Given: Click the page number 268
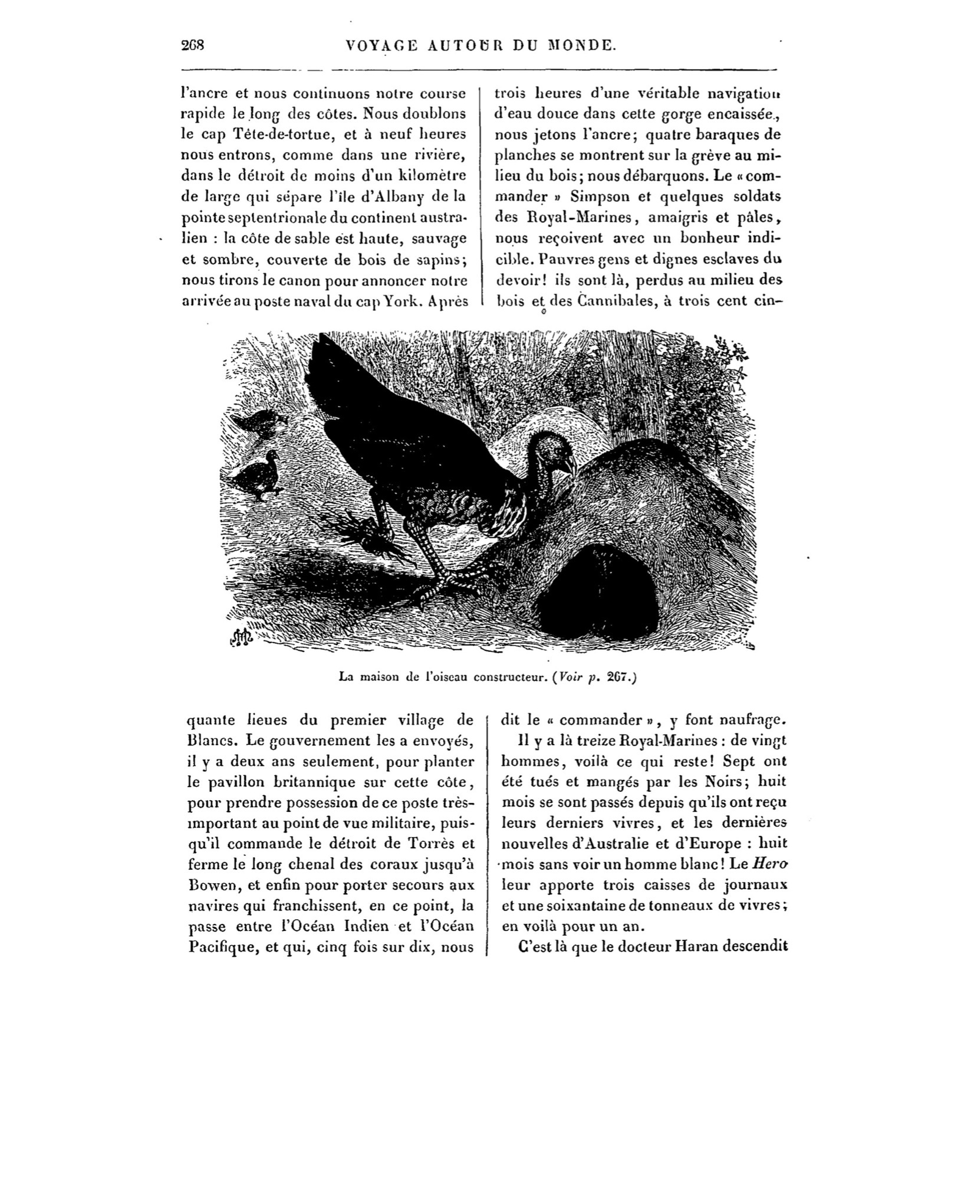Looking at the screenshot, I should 192,45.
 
